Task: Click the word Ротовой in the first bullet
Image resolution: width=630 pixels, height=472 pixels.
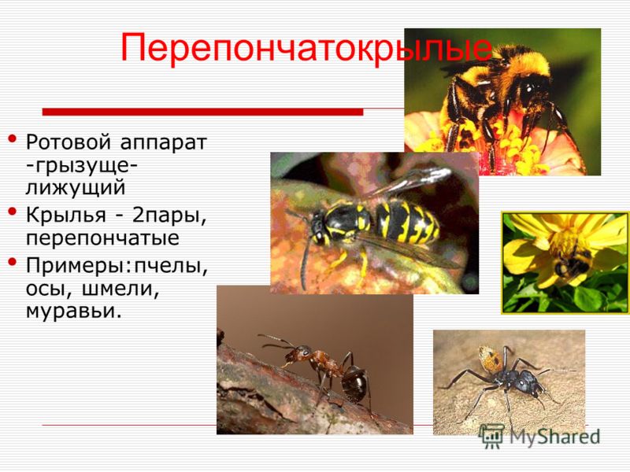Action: click(68, 142)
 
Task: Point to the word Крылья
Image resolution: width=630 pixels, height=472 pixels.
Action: click(66, 216)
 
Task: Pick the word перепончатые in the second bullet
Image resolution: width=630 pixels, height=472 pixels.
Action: click(102, 239)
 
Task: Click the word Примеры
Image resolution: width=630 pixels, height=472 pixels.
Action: click(76, 267)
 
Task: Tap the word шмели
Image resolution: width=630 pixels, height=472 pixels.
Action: click(120, 289)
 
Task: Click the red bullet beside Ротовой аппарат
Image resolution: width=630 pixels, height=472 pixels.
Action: click(13, 139)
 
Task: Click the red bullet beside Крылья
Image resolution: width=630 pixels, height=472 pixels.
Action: click(13, 211)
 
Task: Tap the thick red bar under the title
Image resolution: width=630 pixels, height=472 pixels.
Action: click(202, 112)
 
